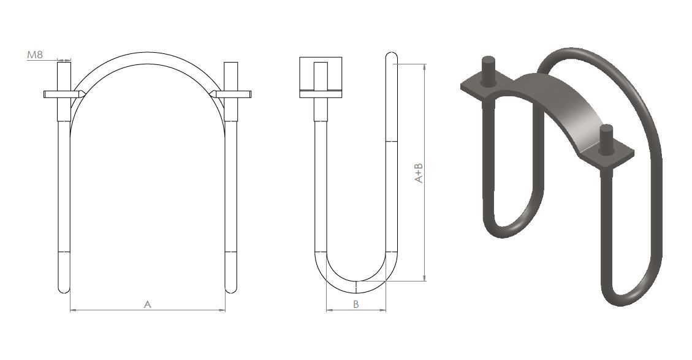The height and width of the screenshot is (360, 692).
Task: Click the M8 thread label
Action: pyautogui.click(x=35, y=55)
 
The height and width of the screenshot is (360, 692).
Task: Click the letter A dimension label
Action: pyautogui.click(x=148, y=304)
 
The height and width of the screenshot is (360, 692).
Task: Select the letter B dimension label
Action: pyautogui.click(x=356, y=304)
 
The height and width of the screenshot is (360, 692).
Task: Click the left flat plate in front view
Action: pyautogui.click(x=62, y=94)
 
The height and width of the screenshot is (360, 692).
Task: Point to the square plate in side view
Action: pyautogui.click(x=321, y=77)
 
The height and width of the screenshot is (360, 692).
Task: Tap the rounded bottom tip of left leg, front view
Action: pyautogui.click(x=64, y=291)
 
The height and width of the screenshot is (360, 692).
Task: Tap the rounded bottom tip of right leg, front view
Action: pyautogui.click(x=231, y=291)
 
